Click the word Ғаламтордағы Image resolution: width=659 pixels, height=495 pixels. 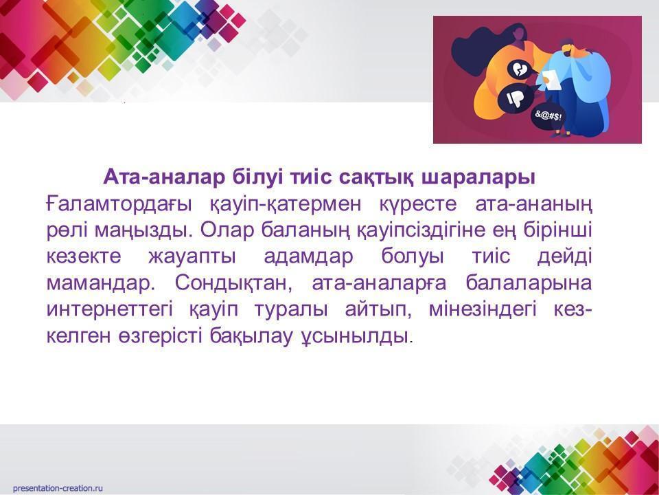119,205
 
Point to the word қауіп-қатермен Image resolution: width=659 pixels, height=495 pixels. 284,205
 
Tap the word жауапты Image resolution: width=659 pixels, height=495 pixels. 192,256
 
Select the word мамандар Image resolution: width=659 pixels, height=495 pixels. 100,283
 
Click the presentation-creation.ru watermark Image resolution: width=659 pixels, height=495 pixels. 58,488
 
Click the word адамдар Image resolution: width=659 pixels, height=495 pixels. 308,256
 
